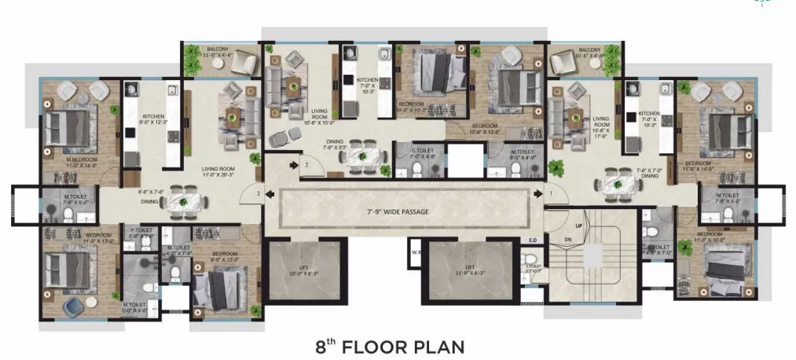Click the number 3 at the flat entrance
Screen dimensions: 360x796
258,193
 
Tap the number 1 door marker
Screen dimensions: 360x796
551,193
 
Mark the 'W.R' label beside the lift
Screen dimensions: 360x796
415,252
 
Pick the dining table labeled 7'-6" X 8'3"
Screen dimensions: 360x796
363,156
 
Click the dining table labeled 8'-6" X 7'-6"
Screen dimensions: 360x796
182,201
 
